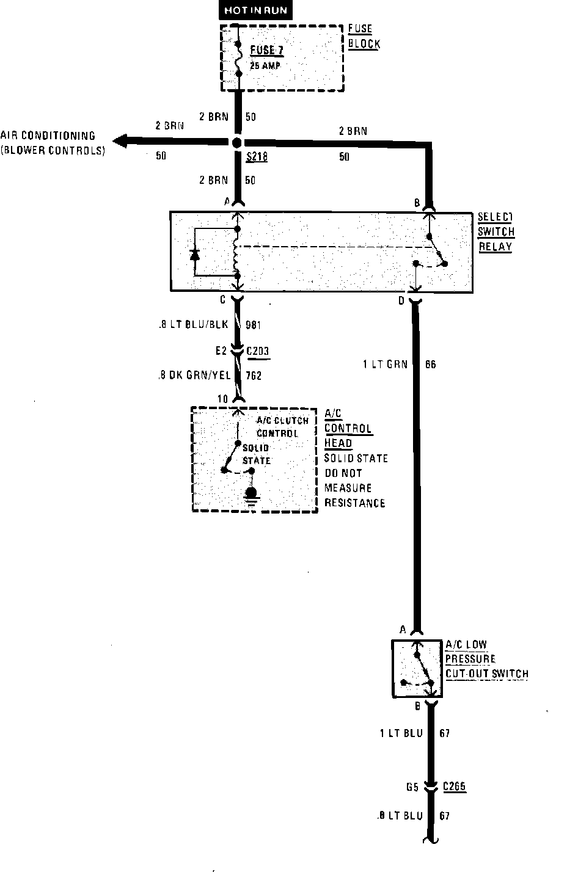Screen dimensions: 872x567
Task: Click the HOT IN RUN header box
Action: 255,10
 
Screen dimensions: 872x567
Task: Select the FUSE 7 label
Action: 267,50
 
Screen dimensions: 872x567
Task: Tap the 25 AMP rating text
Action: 265,65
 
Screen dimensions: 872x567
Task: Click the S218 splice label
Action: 257,158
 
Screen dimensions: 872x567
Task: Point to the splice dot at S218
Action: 237,142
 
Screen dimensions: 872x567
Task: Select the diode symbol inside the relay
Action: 195,254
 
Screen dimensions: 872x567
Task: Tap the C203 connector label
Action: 257,351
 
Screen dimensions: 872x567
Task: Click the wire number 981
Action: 253,325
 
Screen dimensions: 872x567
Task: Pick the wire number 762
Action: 253,376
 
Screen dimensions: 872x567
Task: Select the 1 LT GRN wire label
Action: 385,365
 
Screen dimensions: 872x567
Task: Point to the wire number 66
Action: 431,365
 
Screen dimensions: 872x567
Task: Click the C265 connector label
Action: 454,787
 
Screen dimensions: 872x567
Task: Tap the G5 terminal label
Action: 412,787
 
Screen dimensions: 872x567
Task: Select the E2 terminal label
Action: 221,351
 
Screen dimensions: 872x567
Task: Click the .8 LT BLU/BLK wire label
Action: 192,325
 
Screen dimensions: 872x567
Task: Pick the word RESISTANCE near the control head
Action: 354,503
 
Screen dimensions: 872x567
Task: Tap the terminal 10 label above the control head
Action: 222,399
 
